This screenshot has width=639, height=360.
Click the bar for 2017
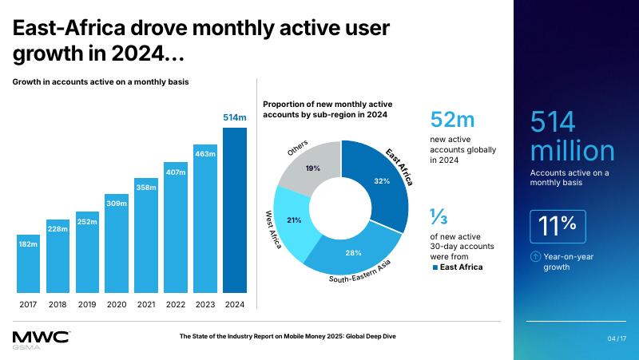(28, 263)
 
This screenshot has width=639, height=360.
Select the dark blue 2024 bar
(235, 212)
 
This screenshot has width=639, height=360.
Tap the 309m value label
(117, 204)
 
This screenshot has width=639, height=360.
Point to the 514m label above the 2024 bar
(234, 118)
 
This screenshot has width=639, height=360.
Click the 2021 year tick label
(145, 304)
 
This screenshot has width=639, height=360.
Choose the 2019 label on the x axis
(87, 304)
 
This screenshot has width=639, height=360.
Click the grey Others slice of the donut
(311, 167)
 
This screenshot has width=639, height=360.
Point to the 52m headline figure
(452, 120)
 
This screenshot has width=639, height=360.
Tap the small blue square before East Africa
(434, 267)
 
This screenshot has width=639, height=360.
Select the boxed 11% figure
(558, 226)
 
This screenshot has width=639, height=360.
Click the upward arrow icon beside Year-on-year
(534, 256)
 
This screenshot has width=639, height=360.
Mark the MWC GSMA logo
(40, 338)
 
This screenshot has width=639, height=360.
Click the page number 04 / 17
(617, 339)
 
